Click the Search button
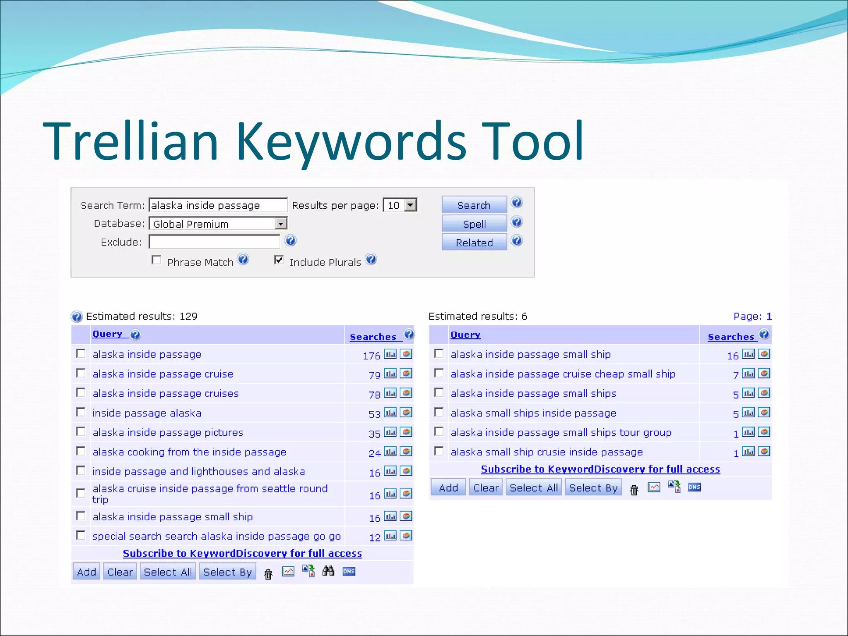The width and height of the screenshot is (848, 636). pyautogui.click(x=474, y=205)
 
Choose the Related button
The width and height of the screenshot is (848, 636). pyautogui.click(x=474, y=242)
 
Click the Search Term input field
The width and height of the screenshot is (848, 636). pyautogui.click(x=218, y=205)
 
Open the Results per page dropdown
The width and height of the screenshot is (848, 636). pyautogui.click(x=410, y=205)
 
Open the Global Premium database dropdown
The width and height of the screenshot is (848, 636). pyautogui.click(x=281, y=224)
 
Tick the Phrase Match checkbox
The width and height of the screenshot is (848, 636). pyautogui.click(x=157, y=260)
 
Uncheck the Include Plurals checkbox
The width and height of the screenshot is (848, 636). pyautogui.click(x=279, y=260)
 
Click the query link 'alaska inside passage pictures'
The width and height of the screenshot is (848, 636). pyautogui.click(x=168, y=432)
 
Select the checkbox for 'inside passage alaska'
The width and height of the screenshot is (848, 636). pyautogui.click(x=81, y=412)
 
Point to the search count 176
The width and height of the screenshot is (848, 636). pyautogui.click(x=371, y=356)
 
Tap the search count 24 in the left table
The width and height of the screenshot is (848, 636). pyautogui.click(x=374, y=453)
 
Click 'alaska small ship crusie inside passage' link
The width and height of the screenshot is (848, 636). pyautogui.click(x=547, y=452)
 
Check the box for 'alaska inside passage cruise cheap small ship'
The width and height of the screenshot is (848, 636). pyautogui.click(x=439, y=373)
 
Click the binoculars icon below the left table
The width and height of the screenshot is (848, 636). pyautogui.click(x=328, y=571)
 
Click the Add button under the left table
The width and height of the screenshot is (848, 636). pyautogui.click(x=86, y=572)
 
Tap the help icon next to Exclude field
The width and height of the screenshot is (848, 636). pyautogui.click(x=291, y=241)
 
